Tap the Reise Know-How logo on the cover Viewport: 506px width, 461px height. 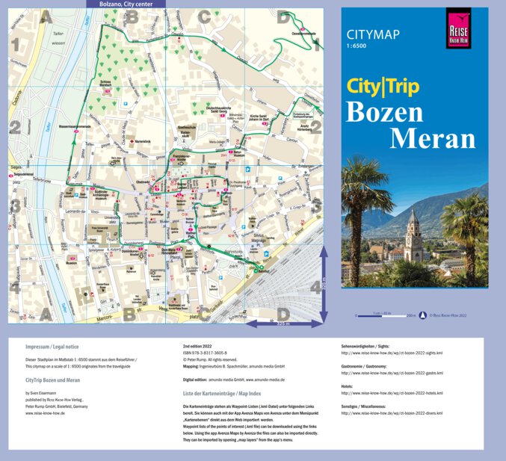point(457,28)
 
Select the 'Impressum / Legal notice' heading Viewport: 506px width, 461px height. point(52,347)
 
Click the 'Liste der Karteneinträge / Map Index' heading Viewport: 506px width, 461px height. point(222,392)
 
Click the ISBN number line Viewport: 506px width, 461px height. point(206,353)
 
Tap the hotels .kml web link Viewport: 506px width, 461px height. point(391,392)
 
